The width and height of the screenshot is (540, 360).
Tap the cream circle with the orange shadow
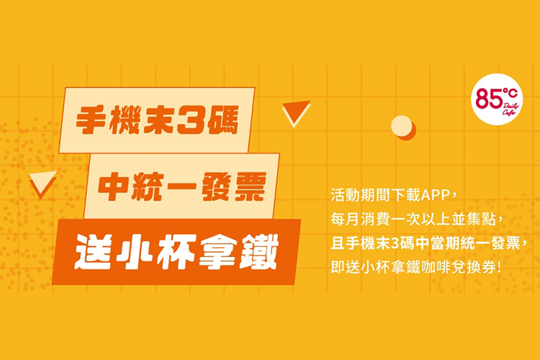[401, 126]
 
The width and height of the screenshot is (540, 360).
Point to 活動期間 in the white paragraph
[360, 195]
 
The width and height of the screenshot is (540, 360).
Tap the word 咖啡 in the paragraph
[446, 265]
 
